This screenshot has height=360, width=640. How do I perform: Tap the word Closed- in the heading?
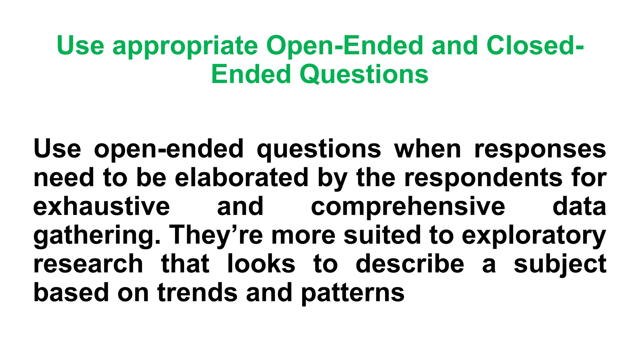click(x=535, y=45)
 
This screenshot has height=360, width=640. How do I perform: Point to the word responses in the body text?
click(x=540, y=149)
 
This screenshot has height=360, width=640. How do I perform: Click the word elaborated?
click(x=242, y=177)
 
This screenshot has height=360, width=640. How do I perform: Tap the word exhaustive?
click(x=102, y=206)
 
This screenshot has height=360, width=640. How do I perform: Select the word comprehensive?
click(x=408, y=206)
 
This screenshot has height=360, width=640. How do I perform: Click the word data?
click(x=579, y=206)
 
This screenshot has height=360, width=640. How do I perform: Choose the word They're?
click(x=216, y=236)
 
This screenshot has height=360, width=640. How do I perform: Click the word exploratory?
click(x=534, y=236)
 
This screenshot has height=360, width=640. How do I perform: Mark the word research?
click(x=88, y=264)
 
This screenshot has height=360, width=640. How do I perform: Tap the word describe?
click(x=410, y=263)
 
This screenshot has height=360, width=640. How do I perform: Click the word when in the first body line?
click(x=427, y=149)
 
